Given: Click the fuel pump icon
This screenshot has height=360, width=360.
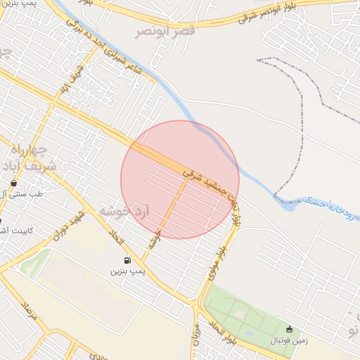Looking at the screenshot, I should pyautogui.click(x=127, y=259).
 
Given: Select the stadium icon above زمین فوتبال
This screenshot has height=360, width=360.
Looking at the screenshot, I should pyautogui.click(x=289, y=329).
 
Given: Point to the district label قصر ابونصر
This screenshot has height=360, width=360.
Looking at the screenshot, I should pyautogui.click(x=165, y=31).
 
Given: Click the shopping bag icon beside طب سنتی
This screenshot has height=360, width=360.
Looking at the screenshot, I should pyautogui.click(x=13, y=183).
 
